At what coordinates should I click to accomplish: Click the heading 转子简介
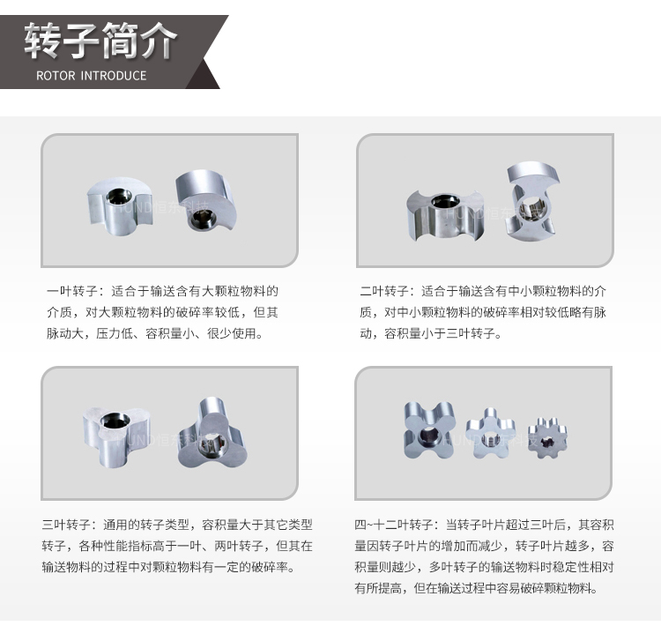coord(100,41)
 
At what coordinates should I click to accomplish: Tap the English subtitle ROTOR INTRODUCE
coord(91,76)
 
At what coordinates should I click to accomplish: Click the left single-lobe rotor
coord(120,206)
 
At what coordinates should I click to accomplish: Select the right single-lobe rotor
coord(206,200)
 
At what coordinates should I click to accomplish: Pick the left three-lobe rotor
coord(116,436)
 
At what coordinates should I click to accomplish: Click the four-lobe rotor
coord(428,430)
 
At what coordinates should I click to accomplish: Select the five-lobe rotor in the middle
coord(491,433)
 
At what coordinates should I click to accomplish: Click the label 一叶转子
coord(71,291)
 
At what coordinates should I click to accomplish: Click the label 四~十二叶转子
coord(394,525)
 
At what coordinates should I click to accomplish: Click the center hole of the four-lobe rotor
coord(427,435)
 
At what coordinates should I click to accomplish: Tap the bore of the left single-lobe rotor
coord(117,196)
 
